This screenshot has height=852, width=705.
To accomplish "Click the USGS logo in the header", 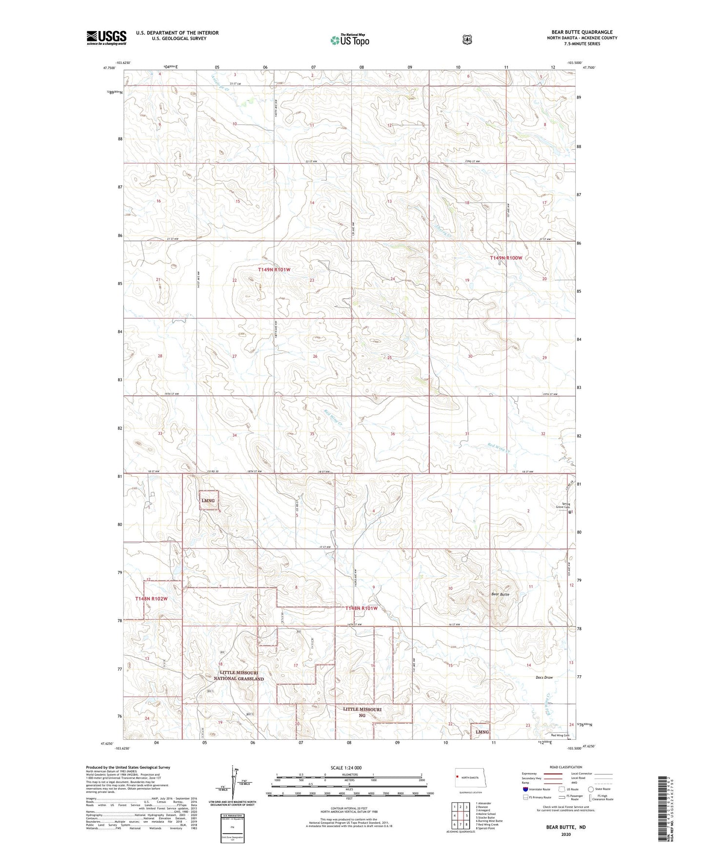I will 106,38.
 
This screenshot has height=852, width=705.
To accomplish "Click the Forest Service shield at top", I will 467,39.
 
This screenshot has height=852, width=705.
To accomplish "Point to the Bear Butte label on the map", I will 500,594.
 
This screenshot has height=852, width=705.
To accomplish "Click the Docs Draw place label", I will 544,677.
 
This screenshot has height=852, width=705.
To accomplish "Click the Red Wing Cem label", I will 560,735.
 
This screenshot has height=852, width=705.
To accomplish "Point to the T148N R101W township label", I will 362,609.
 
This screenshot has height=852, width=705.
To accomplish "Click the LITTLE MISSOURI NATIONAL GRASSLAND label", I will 239,675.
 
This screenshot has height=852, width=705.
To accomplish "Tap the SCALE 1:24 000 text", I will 346,768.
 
